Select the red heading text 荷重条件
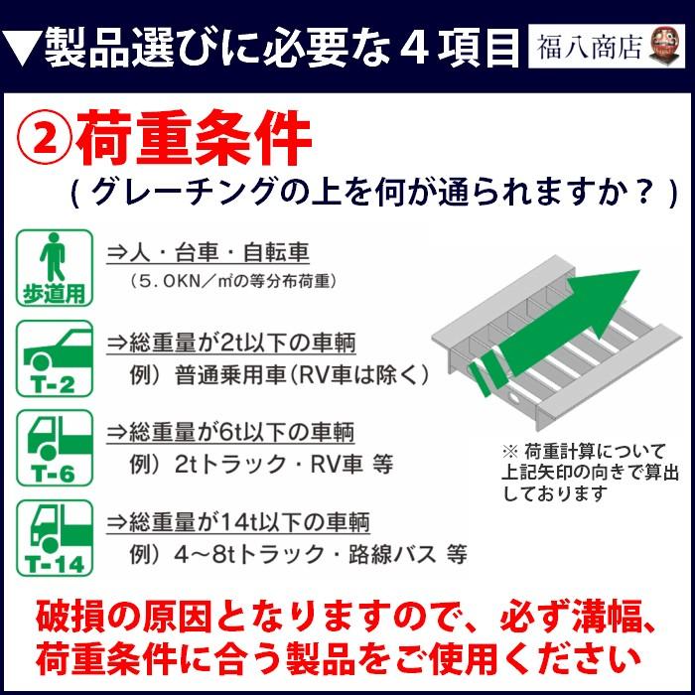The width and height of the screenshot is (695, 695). (x=193, y=141)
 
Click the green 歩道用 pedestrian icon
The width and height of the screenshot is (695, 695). (x=55, y=267)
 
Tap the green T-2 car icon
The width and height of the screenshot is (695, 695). (x=55, y=357)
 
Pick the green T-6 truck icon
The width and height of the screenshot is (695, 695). (x=55, y=447)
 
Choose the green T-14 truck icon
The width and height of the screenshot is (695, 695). (x=55, y=537)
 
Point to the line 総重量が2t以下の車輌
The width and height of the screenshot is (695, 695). (x=232, y=344)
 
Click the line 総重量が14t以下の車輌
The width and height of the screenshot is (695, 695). (x=237, y=522)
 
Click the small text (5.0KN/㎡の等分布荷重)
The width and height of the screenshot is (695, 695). (x=234, y=282)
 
